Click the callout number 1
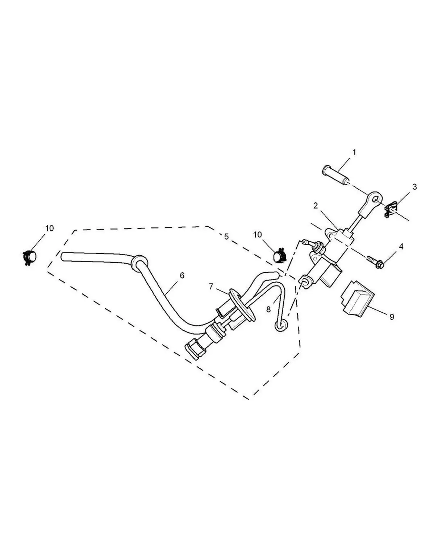pos(354,153)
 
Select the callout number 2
pos(316,206)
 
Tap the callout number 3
pos(414,187)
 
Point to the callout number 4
pos(401,247)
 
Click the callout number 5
pos(226,237)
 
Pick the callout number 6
pos(182,276)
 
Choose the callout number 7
pos(211,287)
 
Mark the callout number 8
pos(268,309)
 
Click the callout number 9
pos(392,317)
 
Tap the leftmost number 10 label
pos(49,228)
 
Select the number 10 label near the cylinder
pos(257,235)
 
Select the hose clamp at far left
pos(29,257)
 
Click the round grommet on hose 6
pos(140,262)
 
